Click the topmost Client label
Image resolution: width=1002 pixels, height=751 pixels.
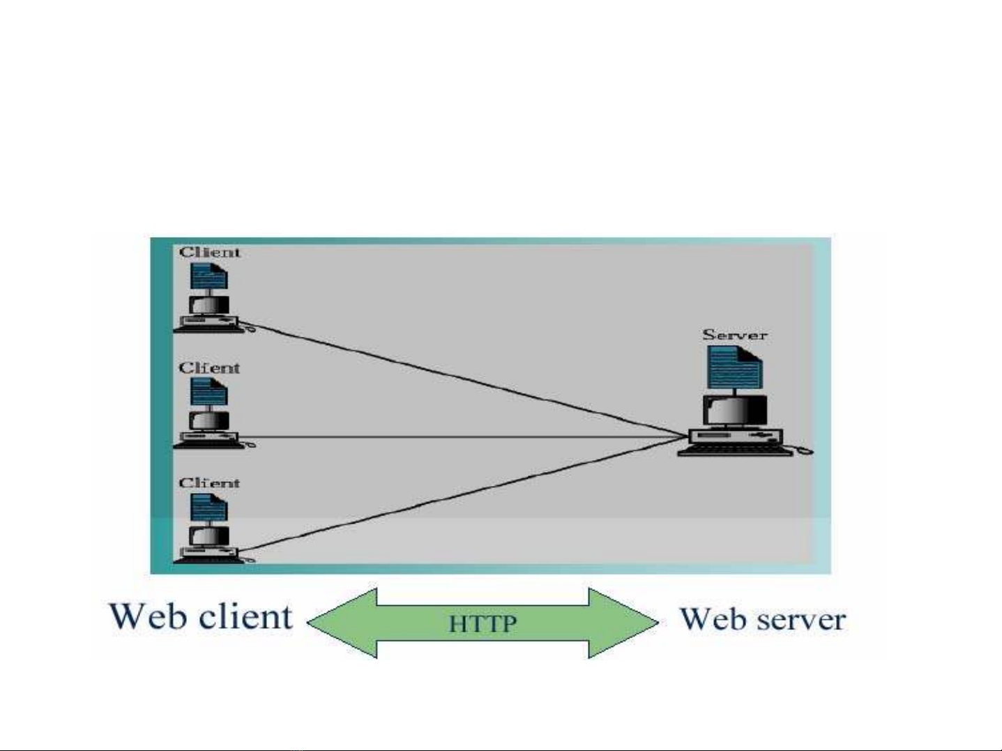[x=209, y=252]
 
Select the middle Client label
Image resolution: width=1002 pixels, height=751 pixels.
[x=209, y=368]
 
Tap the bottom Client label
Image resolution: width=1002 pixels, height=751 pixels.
[x=209, y=483]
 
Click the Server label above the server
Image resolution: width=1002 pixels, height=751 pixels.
[x=734, y=335]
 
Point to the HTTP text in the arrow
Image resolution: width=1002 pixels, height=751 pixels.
[x=483, y=623]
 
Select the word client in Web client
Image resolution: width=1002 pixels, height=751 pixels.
[x=245, y=617]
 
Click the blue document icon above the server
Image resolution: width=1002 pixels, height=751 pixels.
[x=734, y=367]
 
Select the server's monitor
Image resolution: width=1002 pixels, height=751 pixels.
[x=734, y=410]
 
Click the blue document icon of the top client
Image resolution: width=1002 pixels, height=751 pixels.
[x=209, y=277]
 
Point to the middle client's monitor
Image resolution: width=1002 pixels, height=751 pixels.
[x=209, y=421]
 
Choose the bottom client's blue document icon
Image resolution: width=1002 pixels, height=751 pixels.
[x=209, y=508]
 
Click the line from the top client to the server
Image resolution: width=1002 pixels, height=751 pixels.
[x=460, y=378]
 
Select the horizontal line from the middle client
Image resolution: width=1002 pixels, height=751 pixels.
[x=460, y=438]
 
